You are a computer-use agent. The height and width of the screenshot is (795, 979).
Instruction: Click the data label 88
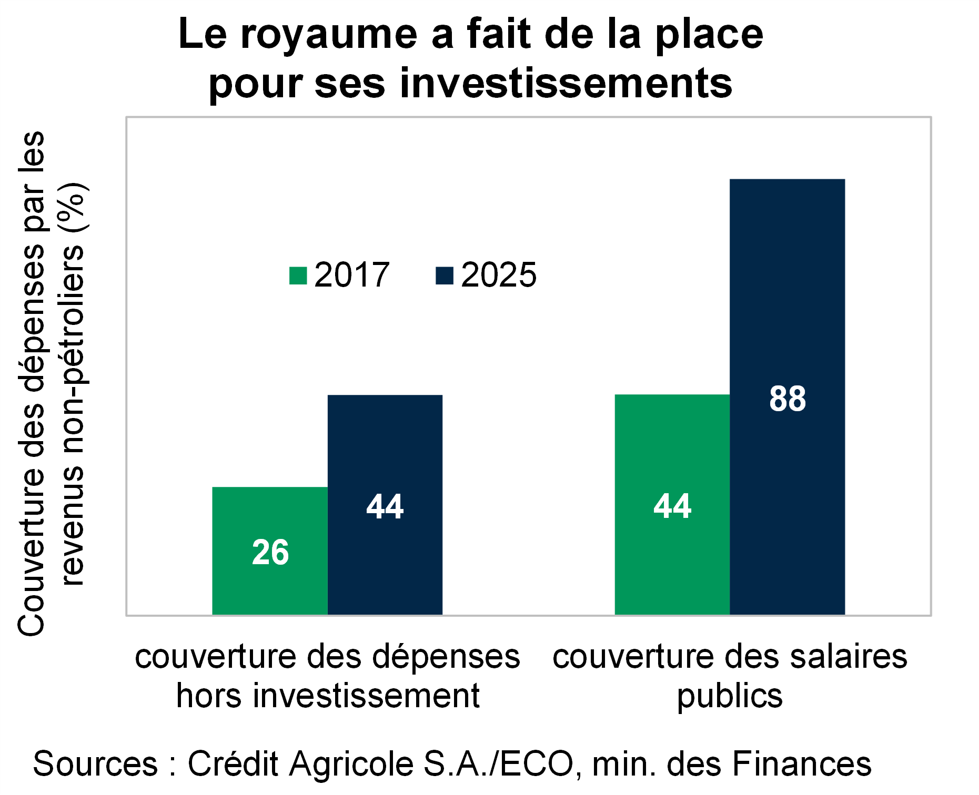point(787,399)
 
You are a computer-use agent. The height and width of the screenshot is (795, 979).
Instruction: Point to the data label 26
point(270,553)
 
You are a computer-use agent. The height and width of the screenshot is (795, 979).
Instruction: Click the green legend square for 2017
point(298,276)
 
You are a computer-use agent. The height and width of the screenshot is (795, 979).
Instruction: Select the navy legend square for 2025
point(445,276)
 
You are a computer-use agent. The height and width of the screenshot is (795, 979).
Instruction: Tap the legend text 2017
point(351,275)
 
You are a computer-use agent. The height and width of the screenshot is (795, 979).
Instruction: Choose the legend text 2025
point(499,275)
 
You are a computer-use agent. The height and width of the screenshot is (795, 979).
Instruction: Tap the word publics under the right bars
point(730,697)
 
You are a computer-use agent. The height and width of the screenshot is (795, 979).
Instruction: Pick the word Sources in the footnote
point(95,763)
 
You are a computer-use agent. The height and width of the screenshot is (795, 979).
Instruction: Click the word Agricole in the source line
point(352,763)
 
